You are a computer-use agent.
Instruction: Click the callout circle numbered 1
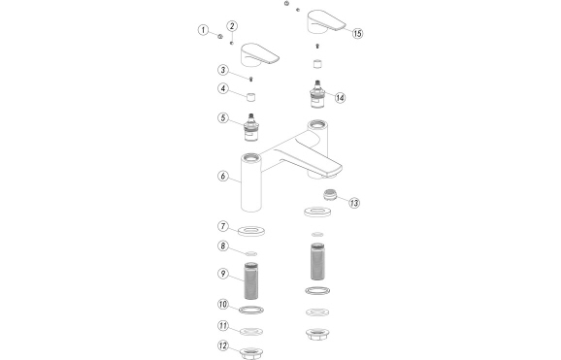(x=203, y=30)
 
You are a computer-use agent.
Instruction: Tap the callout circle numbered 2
(x=232, y=26)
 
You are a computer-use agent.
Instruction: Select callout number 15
(x=357, y=33)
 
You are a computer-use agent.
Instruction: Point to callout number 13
(x=354, y=203)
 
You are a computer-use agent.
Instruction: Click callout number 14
(x=340, y=97)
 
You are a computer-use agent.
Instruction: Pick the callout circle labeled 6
(x=223, y=176)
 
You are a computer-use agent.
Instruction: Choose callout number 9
(x=223, y=274)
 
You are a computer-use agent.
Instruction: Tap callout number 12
(x=223, y=345)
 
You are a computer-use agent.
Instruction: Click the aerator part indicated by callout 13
(x=330, y=195)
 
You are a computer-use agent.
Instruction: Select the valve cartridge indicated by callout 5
(x=251, y=128)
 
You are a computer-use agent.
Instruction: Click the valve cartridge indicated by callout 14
(x=317, y=94)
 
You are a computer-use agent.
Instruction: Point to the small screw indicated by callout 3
(x=250, y=79)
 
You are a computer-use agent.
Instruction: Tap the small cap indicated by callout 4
(x=251, y=97)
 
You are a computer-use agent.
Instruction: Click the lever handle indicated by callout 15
(x=326, y=21)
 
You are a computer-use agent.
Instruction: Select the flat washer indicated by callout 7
(x=251, y=231)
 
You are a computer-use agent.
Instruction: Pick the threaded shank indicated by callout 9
(x=251, y=280)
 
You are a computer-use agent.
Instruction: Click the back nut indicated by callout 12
(x=251, y=353)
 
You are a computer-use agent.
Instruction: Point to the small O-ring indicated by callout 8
(x=251, y=253)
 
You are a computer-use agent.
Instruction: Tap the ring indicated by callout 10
(x=251, y=310)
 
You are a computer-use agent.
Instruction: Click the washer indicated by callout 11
(x=251, y=332)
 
